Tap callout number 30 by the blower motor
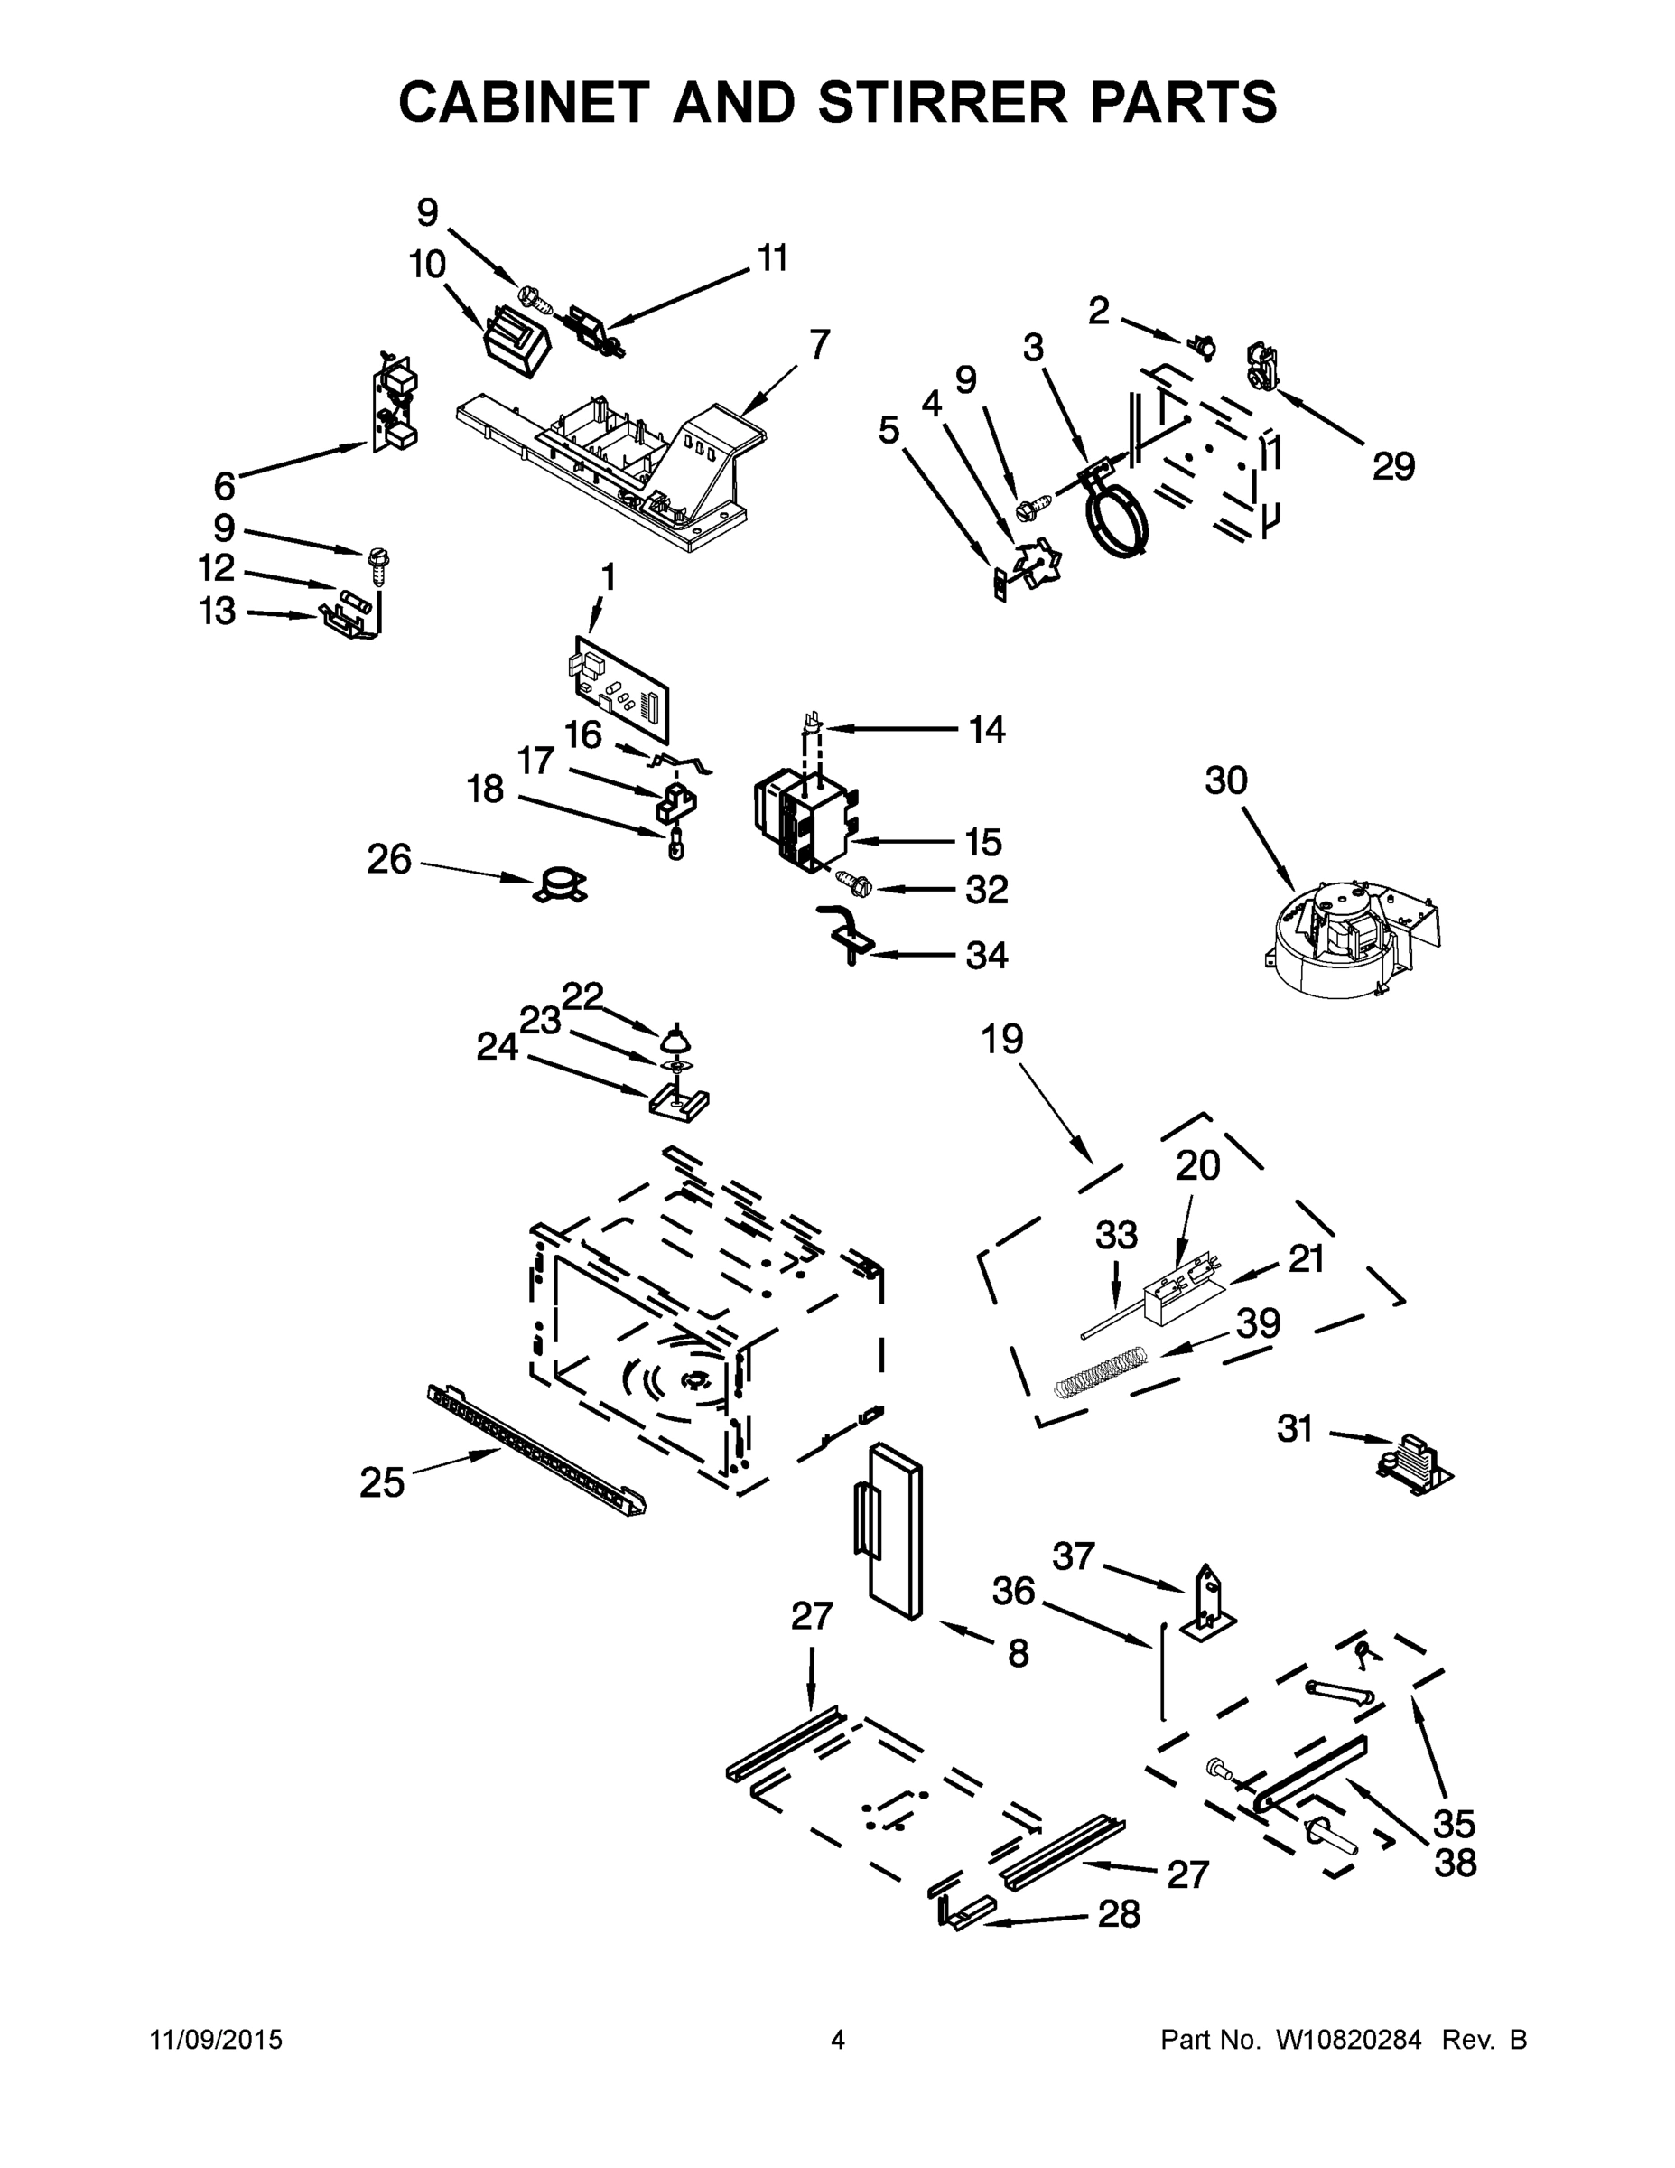click(x=1225, y=780)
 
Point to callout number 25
click(x=382, y=1483)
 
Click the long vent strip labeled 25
click(x=535, y=1450)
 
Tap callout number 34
click(x=986, y=955)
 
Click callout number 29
click(x=1393, y=465)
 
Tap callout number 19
click(x=1001, y=1040)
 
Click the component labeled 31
click(x=1413, y=1465)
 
